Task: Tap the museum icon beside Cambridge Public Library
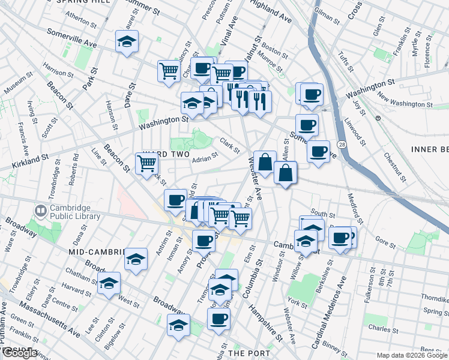41,211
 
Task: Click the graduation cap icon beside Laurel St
127,41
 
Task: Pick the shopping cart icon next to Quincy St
169,71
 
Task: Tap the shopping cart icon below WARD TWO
146,163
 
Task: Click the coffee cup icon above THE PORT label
218,318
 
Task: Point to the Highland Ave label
271,11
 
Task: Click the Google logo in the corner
19,353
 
